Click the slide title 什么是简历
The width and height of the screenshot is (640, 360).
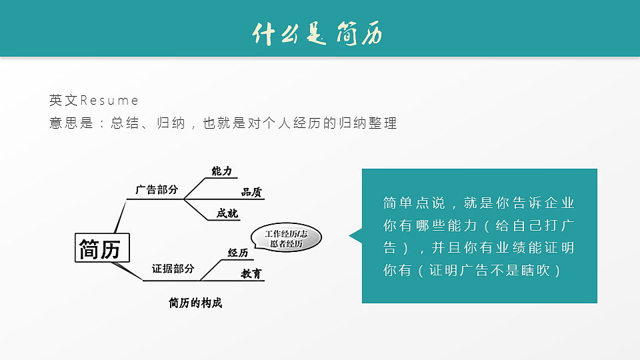(318, 33)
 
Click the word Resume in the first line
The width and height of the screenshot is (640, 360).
(109, 101)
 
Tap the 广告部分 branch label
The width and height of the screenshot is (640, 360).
(157, 190)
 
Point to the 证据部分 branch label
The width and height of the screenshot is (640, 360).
(173, 269)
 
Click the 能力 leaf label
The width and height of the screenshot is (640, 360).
(221, 171)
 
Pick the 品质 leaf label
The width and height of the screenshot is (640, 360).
(251, 192)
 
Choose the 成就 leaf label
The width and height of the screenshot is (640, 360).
(227, 213)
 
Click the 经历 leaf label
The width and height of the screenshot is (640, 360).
(237, 253)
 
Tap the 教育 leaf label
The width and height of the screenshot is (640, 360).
(251, 273)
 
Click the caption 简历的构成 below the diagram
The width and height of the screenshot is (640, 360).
(195, 303)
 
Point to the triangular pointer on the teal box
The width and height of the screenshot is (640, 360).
(355, 235)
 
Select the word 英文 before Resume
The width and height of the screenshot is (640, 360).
(63, 101)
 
